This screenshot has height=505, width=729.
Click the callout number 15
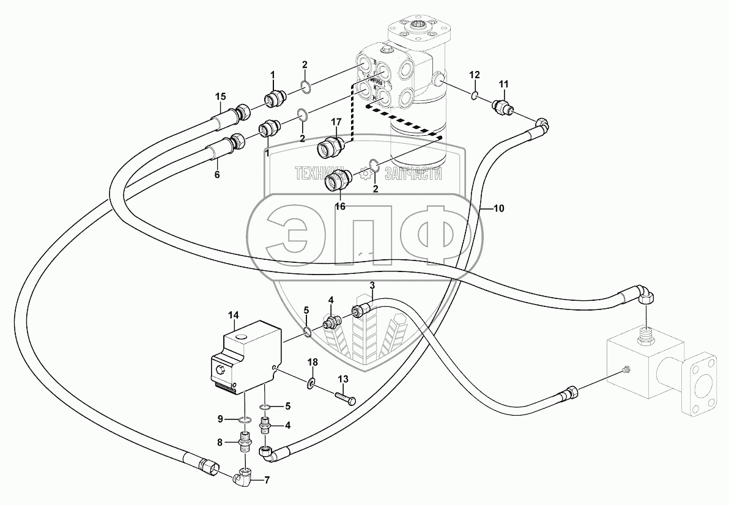pyautogui.click(x=220, y=96)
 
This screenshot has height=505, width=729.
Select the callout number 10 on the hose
pyautogui.click(x=498, y=208)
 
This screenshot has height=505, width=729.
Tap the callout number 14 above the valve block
pyautogui.click(x=233, y=315)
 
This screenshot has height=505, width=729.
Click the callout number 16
pyautogui.click(x=340, y=207)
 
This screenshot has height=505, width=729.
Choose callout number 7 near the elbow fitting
pyautogui.click(x=266, y=480)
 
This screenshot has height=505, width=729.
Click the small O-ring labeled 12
pyautogui.click(x=475, y=95)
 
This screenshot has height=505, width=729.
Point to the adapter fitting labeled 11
pyautogui.click(x=503, y=106)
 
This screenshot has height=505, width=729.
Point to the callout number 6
pyautogui.click(x=216, y=174)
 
